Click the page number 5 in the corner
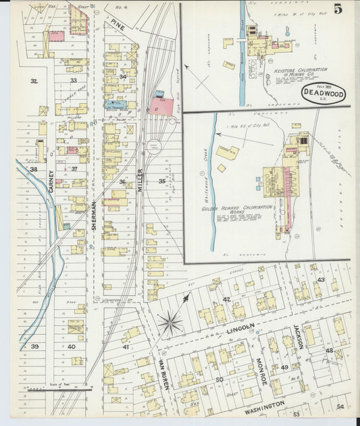tap(337, 9)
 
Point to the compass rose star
tap(170, 322)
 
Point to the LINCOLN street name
tap(240, 328)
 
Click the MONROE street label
tap(262, 371)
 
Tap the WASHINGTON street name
tap(265, 407)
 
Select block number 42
tap(227, 298)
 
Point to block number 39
tap(34, 346)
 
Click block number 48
tap(330, 350)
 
